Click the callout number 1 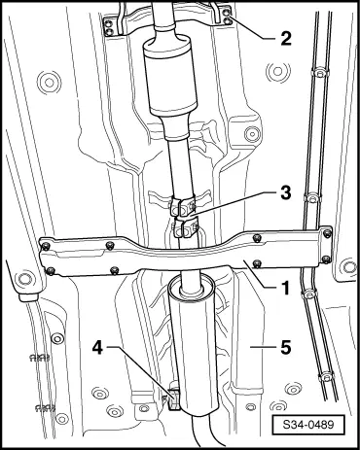[285, 288]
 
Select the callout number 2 [286, 39]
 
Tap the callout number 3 [285, 193]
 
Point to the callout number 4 [97, 348]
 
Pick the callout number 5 [285, 348]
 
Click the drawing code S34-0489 [308, 425]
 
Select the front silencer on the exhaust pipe [170, 78]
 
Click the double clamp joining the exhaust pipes [184, 218]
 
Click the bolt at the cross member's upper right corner [328, 232]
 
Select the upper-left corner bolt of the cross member [45, 245]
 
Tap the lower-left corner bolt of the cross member [50, 270]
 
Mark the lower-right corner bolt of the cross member [327, 259]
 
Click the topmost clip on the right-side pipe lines [319, 73]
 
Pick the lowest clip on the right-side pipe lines [325, 377]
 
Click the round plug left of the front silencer [50, 83]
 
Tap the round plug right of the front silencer [278, 71]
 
